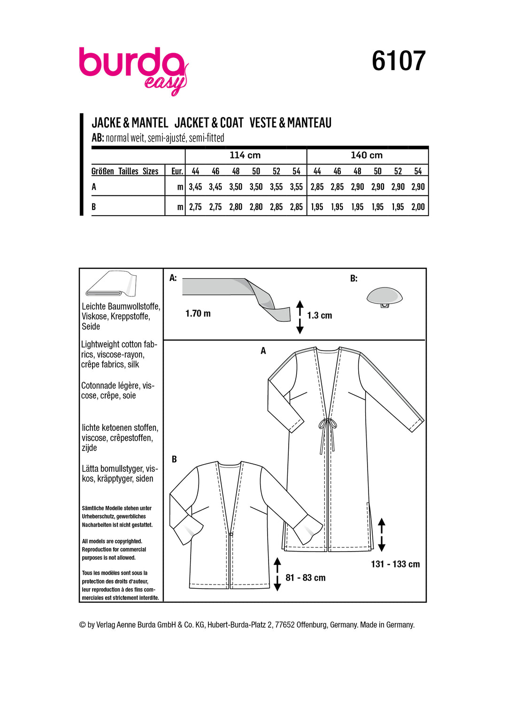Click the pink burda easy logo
coord(133,69)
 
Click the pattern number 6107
coord(398,61)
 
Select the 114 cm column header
coord(245,156)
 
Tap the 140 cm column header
coord(367,156)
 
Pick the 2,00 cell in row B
coord(418,207)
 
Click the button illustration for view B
coord(384,297)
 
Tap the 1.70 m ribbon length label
coord(198,313)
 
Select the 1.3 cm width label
coord(319,316)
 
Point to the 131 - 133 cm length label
coord(395,564)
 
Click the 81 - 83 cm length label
coord(305,578)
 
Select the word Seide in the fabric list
coord(91,327)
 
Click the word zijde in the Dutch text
coord(89,448)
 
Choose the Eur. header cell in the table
coord(177,171)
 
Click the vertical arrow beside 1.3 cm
coord(300,317)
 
